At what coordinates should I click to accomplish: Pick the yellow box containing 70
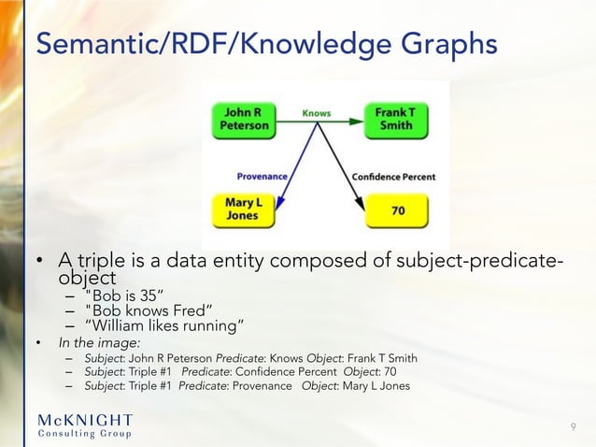click(397, 211)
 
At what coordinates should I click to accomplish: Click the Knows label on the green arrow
click(317, 113)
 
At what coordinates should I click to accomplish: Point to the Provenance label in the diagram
click(263, 175)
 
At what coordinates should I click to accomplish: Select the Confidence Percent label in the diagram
click(393, 176)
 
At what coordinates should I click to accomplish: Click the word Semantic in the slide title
click(79, 44)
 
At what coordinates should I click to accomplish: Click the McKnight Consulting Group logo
click(85, 425)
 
